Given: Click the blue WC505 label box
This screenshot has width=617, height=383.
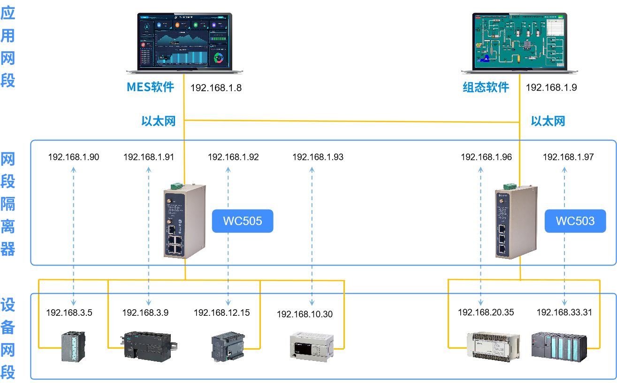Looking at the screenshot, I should [242, 221].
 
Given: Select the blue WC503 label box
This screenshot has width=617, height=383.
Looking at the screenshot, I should [575, 221].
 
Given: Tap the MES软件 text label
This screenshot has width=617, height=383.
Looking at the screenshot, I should [150, 87].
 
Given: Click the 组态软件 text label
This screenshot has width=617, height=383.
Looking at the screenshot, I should [485, 87].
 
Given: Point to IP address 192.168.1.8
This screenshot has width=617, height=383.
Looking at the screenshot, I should [216, 88].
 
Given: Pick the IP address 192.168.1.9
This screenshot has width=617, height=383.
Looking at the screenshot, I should [551, 88].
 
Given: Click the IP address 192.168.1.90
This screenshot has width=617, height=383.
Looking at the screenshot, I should [74, 157].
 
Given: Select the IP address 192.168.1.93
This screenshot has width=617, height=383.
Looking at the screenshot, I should [318, 157].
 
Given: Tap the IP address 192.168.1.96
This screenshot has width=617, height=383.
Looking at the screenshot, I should [486, 157].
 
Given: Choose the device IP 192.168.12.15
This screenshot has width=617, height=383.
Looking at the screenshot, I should [222, 313].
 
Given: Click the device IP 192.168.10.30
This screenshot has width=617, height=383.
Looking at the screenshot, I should [305, 314].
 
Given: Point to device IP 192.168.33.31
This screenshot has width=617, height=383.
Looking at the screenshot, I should [564, 313].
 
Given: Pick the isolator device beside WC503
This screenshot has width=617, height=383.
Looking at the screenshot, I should [516, 222].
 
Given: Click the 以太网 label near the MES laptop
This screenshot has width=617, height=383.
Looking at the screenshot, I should [159, 121].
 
